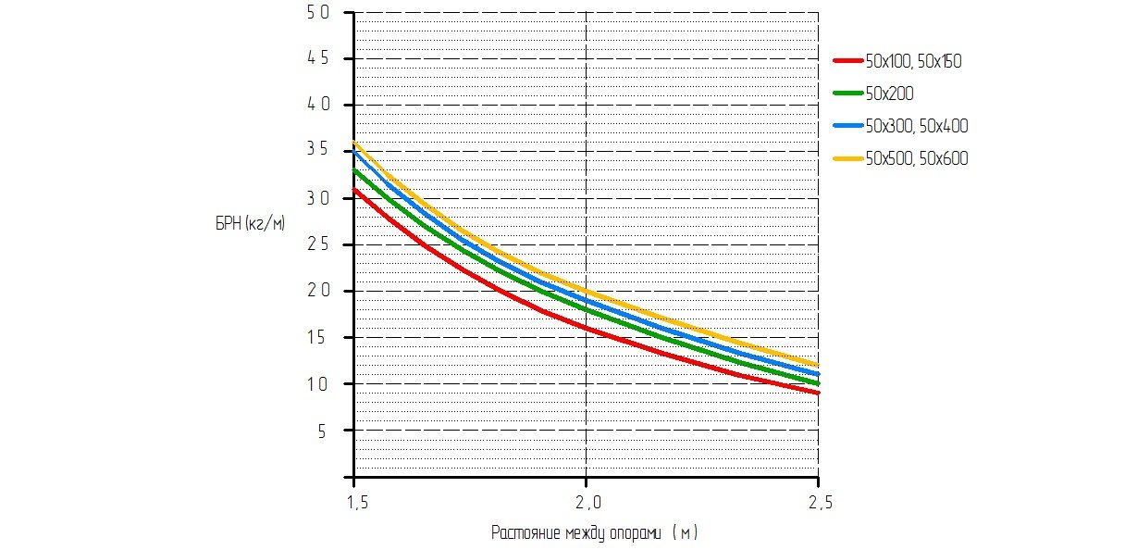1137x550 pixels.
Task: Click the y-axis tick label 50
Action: click(x=317, y=13)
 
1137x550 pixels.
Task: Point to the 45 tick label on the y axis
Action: click(x=317, y=59)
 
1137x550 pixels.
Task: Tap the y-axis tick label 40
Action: click(x=317, y=106)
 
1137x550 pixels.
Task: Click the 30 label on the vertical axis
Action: click(x=317, y=198)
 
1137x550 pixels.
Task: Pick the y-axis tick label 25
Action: click(x=317, y=244)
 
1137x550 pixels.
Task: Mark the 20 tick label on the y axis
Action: click(x=317, y=291)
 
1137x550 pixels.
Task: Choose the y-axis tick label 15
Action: click(x=317, y=338)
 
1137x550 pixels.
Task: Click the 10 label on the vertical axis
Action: click(x=317, y=384)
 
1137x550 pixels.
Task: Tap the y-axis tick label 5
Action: click(x=323, y=431)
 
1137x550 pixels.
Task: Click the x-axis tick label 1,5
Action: click(x=354, y=503)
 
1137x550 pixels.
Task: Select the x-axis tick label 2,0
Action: click(x=587, y=503)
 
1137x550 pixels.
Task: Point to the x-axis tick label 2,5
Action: click(x=818, y=503)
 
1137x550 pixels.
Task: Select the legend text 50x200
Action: click(x=889, y=94)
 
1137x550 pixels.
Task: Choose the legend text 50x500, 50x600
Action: click(x=916, y=158)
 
